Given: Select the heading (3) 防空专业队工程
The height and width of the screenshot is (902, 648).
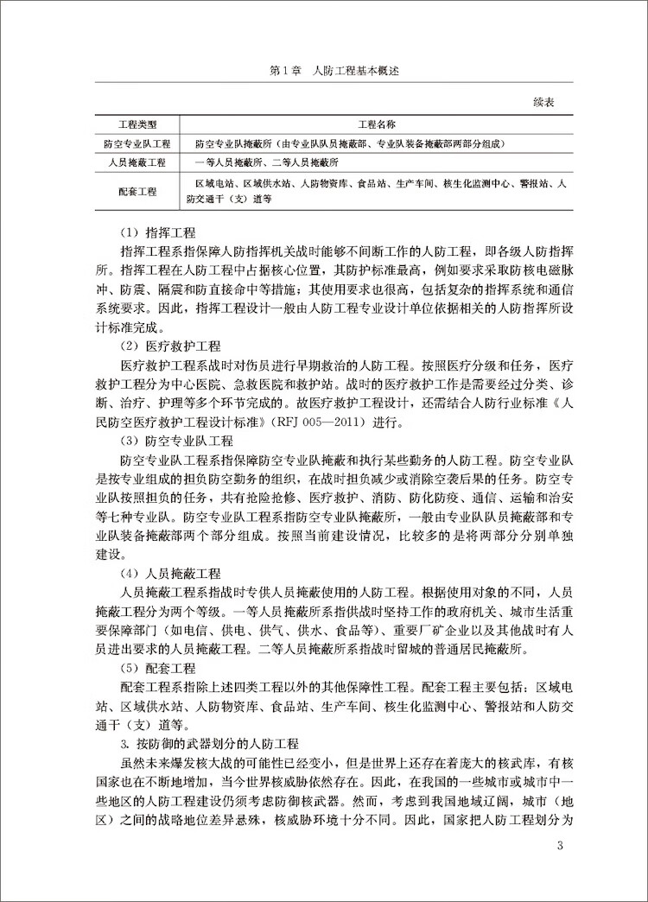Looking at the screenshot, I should tap(176, 440).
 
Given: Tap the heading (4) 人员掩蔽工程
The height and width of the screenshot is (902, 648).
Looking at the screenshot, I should tap(170, 573).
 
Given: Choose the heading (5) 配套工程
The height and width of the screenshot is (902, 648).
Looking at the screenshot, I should tap(158, 668).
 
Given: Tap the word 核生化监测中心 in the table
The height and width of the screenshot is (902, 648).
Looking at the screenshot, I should tap(480, 183).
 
